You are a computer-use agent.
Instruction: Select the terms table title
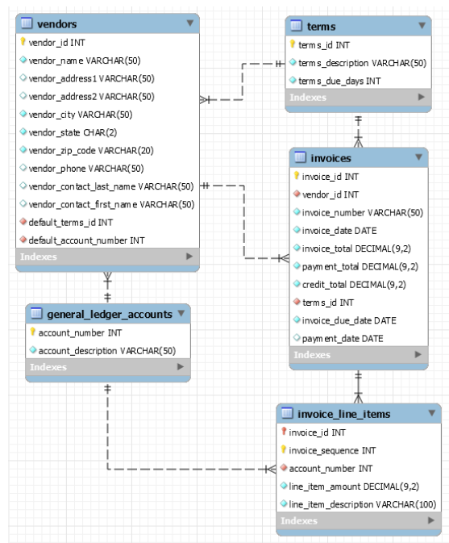pyautogui.click(x=322, y=27)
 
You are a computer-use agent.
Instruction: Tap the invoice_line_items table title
pyautogui.click(x=344, y=414)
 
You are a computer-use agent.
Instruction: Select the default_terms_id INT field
pyautogui.click(x=71, y=222)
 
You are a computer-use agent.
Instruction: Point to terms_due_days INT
pyautogui.click(x=339, y=81)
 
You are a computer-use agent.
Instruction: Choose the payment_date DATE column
pyautogui.click(x=343, y=338)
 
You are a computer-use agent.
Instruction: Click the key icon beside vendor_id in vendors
pyautogui.click(x=23, y=43)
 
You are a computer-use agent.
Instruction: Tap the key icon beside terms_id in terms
pyautogui.click(x=293, y=45)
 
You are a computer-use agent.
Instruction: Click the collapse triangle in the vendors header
pyautogui.click(x=189, y=23)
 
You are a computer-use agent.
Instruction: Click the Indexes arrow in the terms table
pyautogui.click(x=421, y=98)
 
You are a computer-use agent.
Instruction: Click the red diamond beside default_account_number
pyautogui.click(x=23, y=240)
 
